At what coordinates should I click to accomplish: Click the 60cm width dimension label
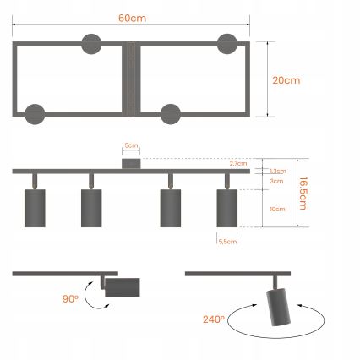point(131,18)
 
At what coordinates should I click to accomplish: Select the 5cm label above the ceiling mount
point(130,145)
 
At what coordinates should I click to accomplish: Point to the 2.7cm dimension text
point(237,163)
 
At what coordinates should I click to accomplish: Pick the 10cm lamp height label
point(276,208)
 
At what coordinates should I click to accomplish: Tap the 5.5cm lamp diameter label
point(227,242)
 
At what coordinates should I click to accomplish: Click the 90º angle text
point(70,298)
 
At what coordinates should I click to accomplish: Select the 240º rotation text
point(213,319)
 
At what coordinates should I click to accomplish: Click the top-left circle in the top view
point(91,43)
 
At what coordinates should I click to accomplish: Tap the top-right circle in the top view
point(228,43)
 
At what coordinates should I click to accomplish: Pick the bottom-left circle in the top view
point(35,114)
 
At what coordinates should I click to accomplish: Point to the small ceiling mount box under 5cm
point(130,162)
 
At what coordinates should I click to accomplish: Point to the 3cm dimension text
point(276,181)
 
